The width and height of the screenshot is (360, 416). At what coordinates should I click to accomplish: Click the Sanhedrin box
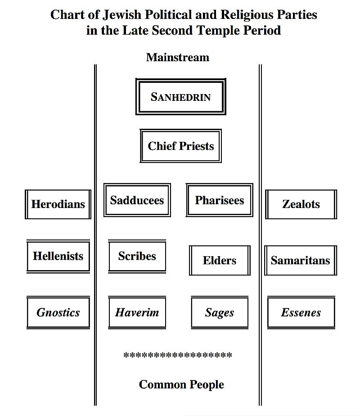point(180,97)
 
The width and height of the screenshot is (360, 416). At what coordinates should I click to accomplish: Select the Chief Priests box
point(180,146)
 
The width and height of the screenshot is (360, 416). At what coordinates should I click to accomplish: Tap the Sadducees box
point(137,200)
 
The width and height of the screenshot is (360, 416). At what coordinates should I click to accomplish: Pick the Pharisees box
point(219,200)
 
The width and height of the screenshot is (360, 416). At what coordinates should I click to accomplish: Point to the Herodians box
point(58,204)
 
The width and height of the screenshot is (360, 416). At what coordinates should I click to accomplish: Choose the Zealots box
point(301,204)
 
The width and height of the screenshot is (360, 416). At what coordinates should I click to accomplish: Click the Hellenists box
point(58,256)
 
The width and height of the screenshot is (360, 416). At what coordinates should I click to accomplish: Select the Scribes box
point(137,256)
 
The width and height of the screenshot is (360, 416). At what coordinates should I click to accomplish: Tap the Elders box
point(219,260)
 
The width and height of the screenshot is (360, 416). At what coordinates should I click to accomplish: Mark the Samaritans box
point(300,260)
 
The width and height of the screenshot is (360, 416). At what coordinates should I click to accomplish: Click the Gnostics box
point(58,312)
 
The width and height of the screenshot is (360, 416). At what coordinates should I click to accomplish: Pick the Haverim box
point(137,312)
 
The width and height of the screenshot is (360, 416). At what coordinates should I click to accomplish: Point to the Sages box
point(219,312)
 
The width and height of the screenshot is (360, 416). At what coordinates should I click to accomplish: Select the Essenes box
point(301,312)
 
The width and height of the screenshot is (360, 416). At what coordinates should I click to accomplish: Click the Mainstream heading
point(178,57)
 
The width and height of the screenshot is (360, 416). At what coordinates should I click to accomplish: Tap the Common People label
point(181,384)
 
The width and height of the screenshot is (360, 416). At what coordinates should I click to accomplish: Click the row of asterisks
point(178,356)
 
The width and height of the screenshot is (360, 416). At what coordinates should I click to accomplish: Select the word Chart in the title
point(67,15)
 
